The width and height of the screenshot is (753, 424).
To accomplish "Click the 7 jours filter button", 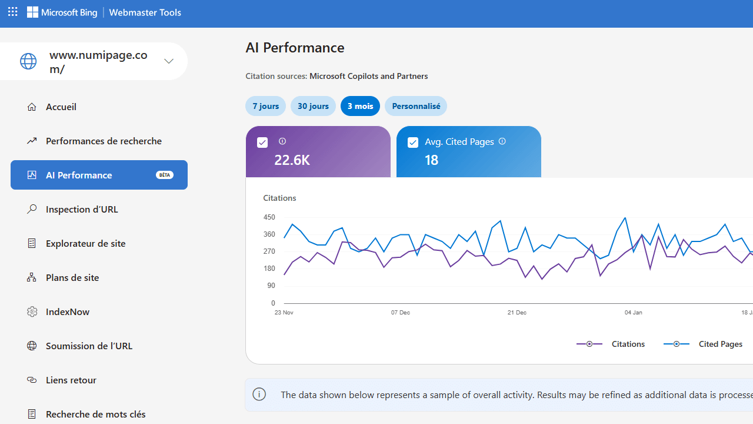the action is [265, 106].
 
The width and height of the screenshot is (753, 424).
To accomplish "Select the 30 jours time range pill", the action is [313, 106].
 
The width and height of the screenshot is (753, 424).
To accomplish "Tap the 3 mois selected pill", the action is [360, 106].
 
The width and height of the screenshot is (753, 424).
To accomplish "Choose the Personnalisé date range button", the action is [416, 106].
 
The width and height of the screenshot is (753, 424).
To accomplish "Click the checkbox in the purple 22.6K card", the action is [262, 143].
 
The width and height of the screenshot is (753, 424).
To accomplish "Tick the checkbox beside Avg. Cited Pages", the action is [413, 143].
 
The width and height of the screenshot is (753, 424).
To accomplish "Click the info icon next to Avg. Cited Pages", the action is [502, 141].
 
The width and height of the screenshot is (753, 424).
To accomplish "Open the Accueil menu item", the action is [61, 107].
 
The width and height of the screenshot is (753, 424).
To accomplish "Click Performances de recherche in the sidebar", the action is [104, 141].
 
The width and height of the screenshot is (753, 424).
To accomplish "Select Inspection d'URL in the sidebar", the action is [82, 209].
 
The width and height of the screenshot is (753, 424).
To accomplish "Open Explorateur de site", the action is [85, 243].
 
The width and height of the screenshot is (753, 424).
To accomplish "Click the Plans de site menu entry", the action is [72, 277].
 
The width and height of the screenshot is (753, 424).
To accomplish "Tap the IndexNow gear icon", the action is [32, 312].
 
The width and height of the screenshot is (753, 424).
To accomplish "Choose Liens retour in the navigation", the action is [71, 380].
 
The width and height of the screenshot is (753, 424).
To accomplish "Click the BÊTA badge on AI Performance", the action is [164, 175].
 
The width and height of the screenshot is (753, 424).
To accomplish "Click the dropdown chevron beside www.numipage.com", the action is [169, 61].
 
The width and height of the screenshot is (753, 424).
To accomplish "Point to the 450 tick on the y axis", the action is [269, 217].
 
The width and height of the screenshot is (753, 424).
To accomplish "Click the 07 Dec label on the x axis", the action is [401, 313].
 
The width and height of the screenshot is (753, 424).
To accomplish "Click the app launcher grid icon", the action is [13, 12].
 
